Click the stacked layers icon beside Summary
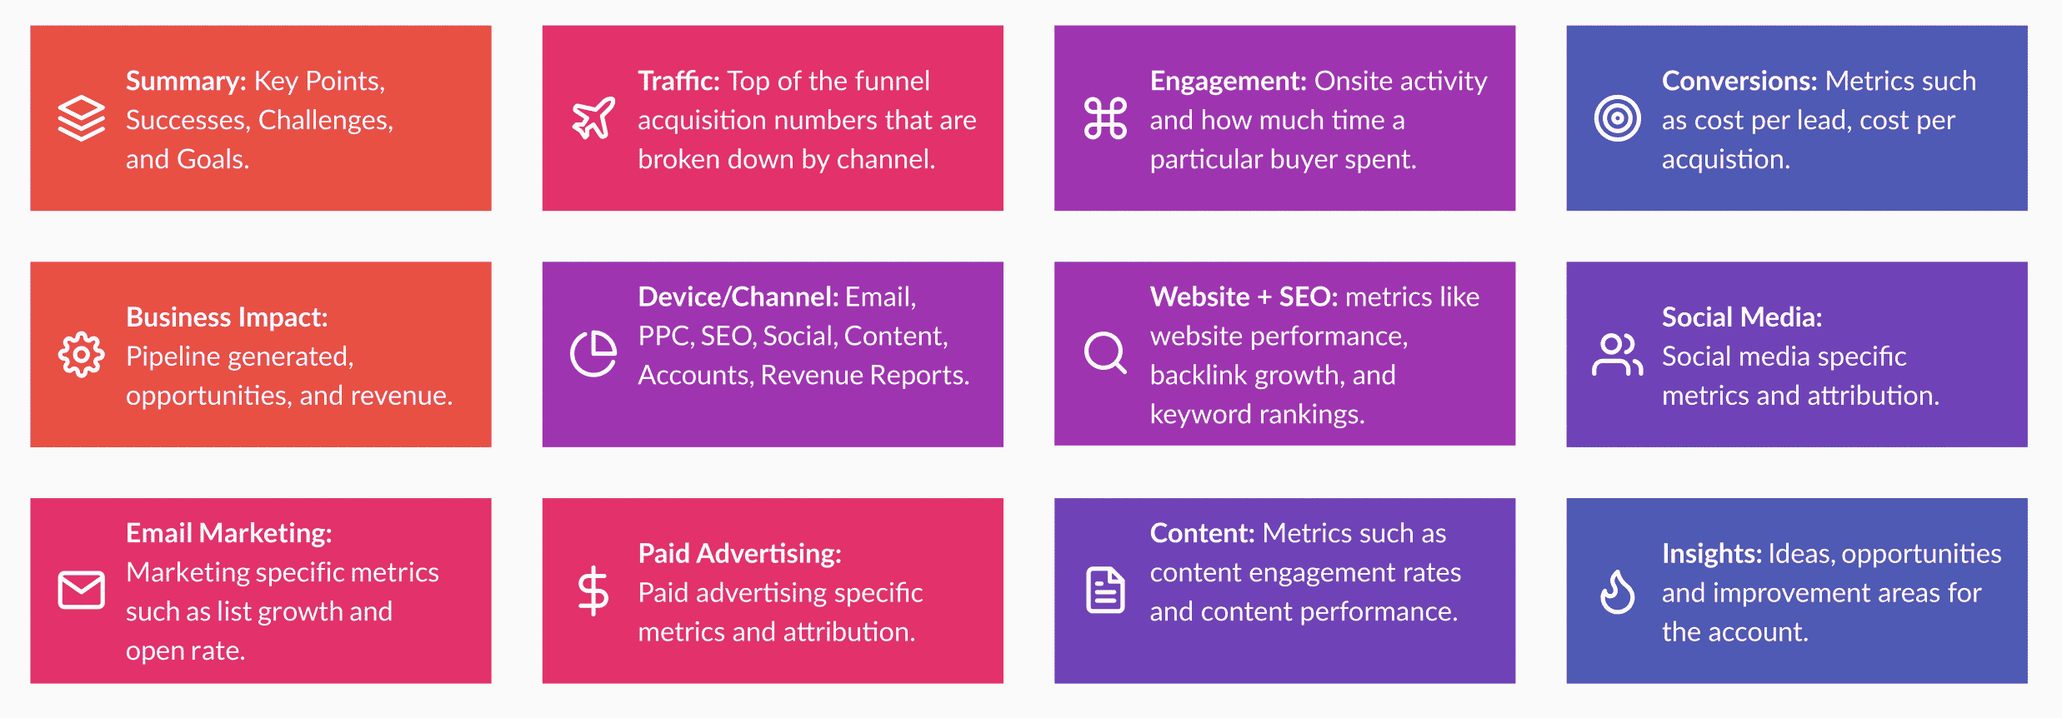81,118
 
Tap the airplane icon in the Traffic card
593,118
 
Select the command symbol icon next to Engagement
1105,118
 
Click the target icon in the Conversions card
1617,118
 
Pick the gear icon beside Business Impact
81,355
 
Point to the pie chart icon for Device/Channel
593,353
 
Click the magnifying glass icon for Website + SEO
1105,353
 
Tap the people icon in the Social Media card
1617,355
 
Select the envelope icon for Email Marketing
81,591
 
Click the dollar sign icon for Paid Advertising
593,591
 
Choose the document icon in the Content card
1105,590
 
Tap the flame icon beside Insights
1617,591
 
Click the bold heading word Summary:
186,82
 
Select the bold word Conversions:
1739,81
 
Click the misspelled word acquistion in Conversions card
1726,160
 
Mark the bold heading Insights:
1712,554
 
